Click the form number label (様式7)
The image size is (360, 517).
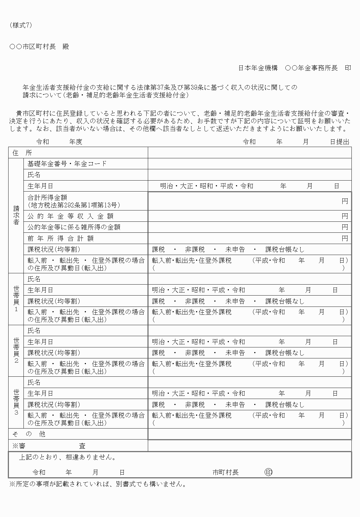pos(21,26)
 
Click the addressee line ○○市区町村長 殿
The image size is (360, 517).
pos(39,47)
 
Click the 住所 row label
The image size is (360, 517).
pos(22,153)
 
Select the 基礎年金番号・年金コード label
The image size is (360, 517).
pos(67,163)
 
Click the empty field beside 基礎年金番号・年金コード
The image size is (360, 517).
pos(249,164)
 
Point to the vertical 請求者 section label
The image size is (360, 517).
pos(16,215)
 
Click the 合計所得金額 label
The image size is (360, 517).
pos(47,197)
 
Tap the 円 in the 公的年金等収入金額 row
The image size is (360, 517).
pos(344,216)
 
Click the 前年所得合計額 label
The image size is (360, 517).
pos(60,239)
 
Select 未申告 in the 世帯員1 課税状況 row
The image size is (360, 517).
pos(235,301)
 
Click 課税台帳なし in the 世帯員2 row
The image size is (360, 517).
pos(285,353)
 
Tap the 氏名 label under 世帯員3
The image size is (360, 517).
pos(34,382)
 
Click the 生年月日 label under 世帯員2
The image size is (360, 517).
pos(40,342)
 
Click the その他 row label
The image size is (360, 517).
pos(29,434)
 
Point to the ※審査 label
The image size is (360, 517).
pos(49,446)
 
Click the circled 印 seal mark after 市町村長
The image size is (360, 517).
pos(269,472)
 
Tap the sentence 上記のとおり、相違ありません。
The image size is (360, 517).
pos(67,458)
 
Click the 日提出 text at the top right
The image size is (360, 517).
pos(340,142)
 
